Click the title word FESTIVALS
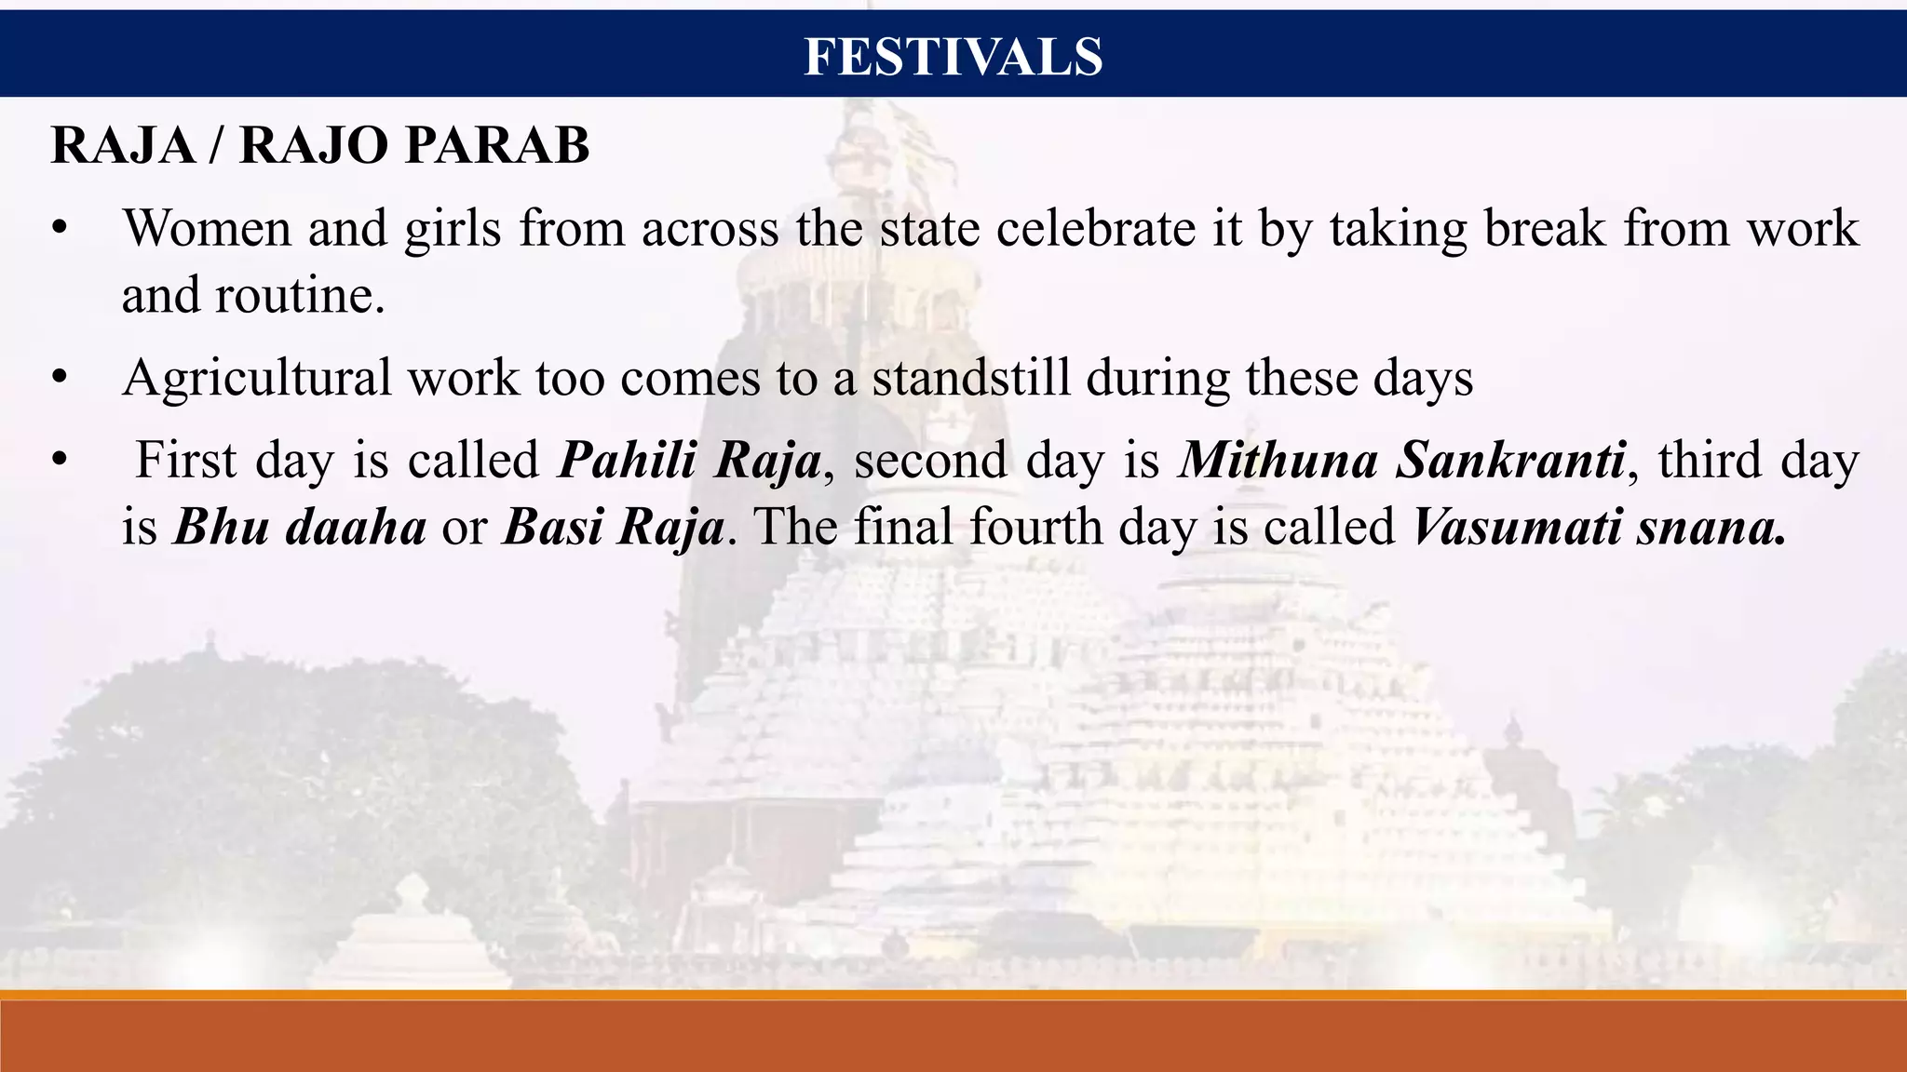pyautogui.click(x=953, y=56)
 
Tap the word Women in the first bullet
pyautogui.click(x=207, y=228)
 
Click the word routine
pyautogui.click(x=299, y=296)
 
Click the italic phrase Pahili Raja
pyautogui.click(x=689, y=460)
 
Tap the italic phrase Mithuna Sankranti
pyautogui.click(x=1401, y=460)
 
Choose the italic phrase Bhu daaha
pyautogui.click(x=300, y=527)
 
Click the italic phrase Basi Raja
pyautogui.click(x=613, y=527)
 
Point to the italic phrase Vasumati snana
pyautogui.click(x=1598, y=527)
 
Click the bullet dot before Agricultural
pyautogui.click(x=61, y=379)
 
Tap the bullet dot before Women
pyautogui.click(x=61, y=229)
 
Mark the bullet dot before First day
pyautogui.click(x=61, y=461)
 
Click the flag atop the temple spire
pyautogui.click(x=917, y=140)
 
